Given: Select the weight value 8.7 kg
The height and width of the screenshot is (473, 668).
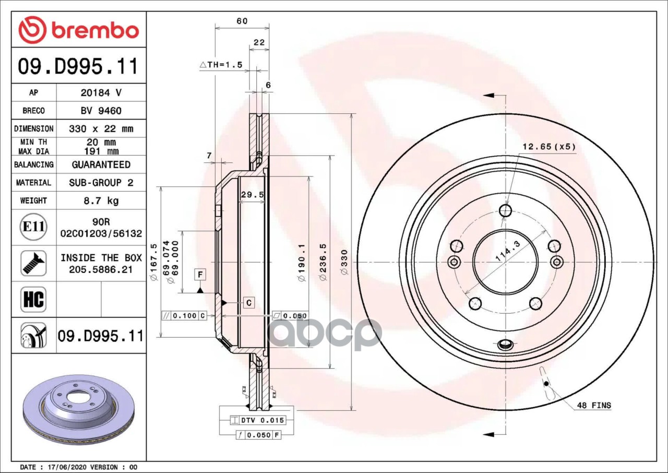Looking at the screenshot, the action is [x=101, y=200].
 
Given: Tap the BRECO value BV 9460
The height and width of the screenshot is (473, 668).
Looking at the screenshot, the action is [x=101, y=111].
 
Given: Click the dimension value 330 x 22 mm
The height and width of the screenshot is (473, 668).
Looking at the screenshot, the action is [x=101, y=128].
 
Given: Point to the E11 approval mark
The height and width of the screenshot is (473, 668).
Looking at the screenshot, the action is [x=33, y=227].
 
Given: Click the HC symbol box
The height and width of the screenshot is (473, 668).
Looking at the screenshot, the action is [x=33, y=299].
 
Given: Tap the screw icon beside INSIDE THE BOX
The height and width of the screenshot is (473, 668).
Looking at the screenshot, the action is [x=33, y=263].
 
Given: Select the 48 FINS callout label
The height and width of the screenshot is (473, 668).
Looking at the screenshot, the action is [x=593, y=405].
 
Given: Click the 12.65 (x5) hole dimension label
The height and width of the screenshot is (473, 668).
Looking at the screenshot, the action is [x=548, y=147].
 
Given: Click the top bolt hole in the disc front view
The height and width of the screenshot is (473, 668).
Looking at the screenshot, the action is [x=505, y=210].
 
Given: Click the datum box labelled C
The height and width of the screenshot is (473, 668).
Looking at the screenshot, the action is [x=248, y=302].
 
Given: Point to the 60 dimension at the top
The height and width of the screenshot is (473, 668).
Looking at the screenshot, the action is [x=242, y=21].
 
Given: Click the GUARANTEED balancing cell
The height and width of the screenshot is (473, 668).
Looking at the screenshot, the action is [x=101, y=164].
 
